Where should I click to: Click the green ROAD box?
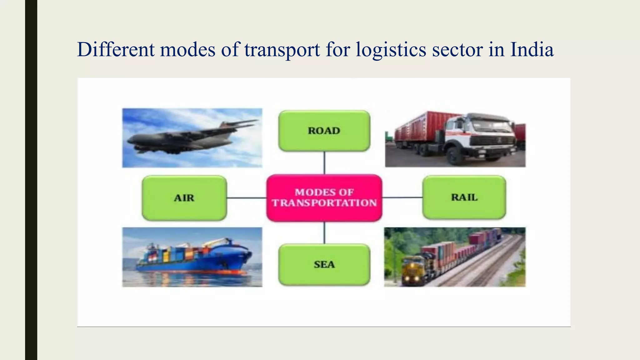click(x=324, y=131)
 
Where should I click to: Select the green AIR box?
click(x=184, y=198)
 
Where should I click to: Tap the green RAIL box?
click(x=464, y=197)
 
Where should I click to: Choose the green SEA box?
click(x=324, y=264)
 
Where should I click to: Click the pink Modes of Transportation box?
click(x=324, y=198)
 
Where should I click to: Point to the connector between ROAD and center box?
click(x=324, y=163)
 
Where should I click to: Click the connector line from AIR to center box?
click(x=247, y=198)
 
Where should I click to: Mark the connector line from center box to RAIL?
click(x=402, y=197)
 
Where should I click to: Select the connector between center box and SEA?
click(x=324, y=233)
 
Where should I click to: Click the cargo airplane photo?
click(x=192, y=138)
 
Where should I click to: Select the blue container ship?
click(x=194, y=259)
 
